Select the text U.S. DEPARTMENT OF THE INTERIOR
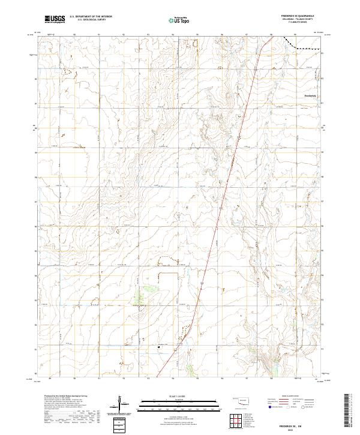click(x=91, y=17)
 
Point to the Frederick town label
click(x=310, y=96)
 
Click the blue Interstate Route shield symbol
click(x=271, y=407)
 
